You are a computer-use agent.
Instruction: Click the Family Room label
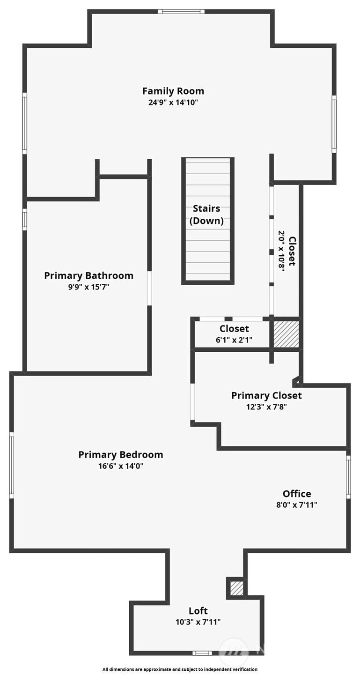pyautogui.click(x=173, y=91)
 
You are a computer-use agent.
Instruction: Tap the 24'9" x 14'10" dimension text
pyautogui.click(x=173, y=102)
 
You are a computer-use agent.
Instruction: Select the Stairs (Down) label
pyautogui.click(x=206, y=215)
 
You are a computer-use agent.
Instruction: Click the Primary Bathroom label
pyautogui.click(x=88, y=275)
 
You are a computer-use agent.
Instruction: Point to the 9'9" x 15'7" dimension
pyautogui.click(x=88, y=287)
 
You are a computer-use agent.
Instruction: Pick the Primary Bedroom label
pyautogui.click(x=121, y=454)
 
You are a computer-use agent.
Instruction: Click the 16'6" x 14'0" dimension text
pyautogui.click(x=121, y=466)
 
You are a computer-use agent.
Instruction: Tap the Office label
pyautogui.click(x=297, y=494)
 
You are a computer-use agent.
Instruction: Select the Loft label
pyautogui.click(x=198, y=611)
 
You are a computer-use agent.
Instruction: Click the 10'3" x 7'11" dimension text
pyautogui.click(x=198, y=622)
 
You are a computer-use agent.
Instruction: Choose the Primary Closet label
pyautogui.click(x=266, y=395)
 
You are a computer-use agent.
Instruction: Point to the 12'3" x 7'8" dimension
pyautogui.click(x=266, y=407)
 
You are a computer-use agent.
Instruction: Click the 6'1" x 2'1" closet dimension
pyautogui.click(x=234, y=340)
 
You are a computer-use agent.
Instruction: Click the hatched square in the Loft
pyautogui.click(x=237, y=588)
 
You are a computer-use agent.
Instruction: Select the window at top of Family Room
pyautogui.click(x=181, y=11)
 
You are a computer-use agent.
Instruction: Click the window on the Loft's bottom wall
pyautogui.click(x=202, y=653)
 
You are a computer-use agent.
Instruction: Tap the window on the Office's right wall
pyautogui.click(x=348, y=476)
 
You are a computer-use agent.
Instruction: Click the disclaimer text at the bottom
pyautogui.click(x=180, y=669)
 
